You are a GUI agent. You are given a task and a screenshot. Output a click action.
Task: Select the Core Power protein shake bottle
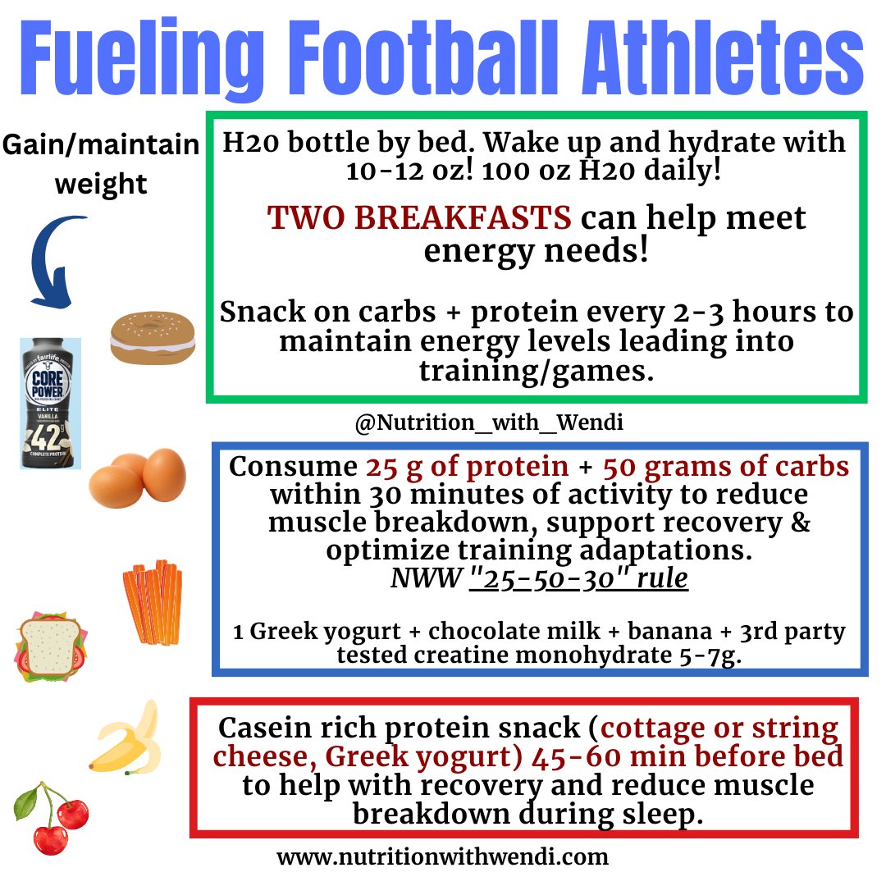[x=51, y=403]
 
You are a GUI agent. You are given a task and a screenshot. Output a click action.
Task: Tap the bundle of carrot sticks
[x=153, y=604]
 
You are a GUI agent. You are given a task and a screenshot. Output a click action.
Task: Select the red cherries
[x=52, y=817]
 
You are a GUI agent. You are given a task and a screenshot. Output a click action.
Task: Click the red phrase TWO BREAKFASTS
[x=419, y=218]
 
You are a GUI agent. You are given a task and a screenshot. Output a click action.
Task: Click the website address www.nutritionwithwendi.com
[x=443, y=858]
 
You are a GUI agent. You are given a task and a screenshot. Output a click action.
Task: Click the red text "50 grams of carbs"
[x=726, y=467]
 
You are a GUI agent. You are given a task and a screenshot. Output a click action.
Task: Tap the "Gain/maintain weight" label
[x=102, y=164]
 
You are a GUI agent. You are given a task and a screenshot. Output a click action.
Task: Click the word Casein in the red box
[x=277, y=728]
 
